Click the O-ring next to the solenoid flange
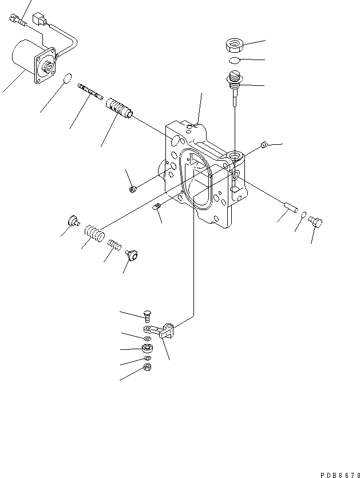tap(68, 78)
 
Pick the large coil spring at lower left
tap(93, 233)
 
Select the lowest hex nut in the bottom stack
tap(147, 368)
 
